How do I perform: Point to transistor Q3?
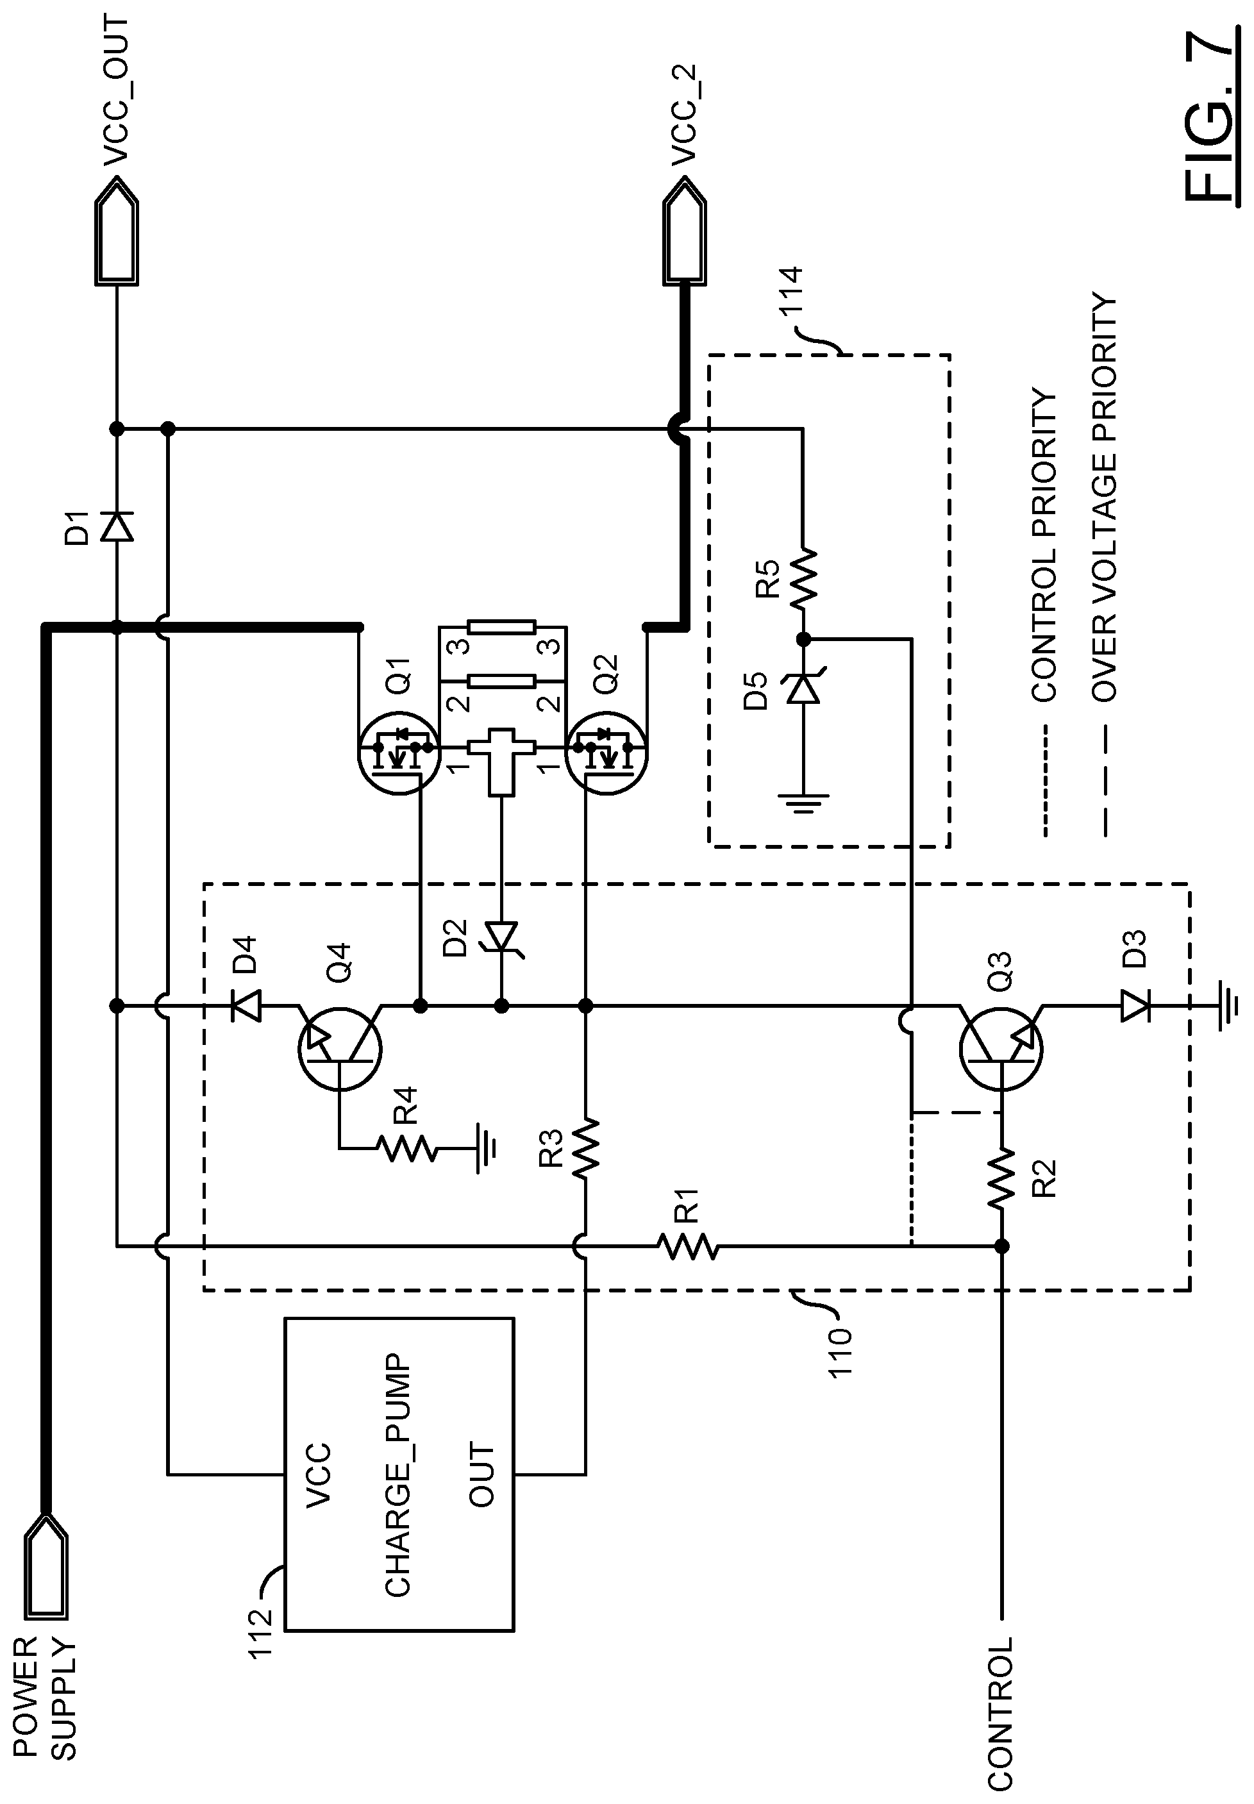[x=1001, y=1049]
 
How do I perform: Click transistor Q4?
[x=339, y=1049]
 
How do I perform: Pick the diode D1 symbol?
[x=116, y=526]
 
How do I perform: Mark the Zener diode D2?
[x=501, y=937]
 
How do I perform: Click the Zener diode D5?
[x=803, y=690]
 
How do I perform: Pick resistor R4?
[x=405, y=1148]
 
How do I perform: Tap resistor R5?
[x=803, y=579]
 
